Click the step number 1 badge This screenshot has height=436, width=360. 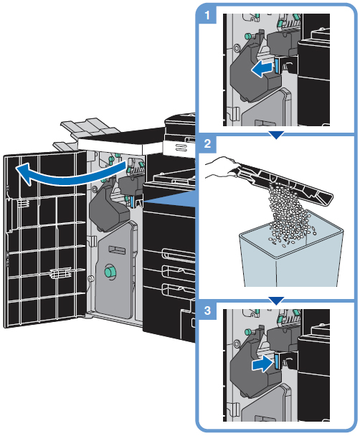click(x=207, y=15)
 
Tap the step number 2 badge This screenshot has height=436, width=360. click(x=207, y=143)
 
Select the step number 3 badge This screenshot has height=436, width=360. click(x=207, y=310)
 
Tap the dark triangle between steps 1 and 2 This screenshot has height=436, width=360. click(x=276, y=136)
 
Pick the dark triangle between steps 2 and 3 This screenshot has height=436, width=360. click(x=276, y=301)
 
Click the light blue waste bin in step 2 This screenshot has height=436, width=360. click(x=291, y=256)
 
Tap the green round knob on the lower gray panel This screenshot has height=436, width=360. click(x=110, y=271)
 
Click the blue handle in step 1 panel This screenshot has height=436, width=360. click(x=277, y=66)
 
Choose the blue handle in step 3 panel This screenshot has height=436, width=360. click(x=277, y=361)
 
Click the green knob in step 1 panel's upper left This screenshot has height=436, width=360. click(x=247, y=36)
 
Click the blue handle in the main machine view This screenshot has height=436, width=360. click(x=131, y=201)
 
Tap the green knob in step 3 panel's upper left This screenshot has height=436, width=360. click(x=247, y=331)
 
